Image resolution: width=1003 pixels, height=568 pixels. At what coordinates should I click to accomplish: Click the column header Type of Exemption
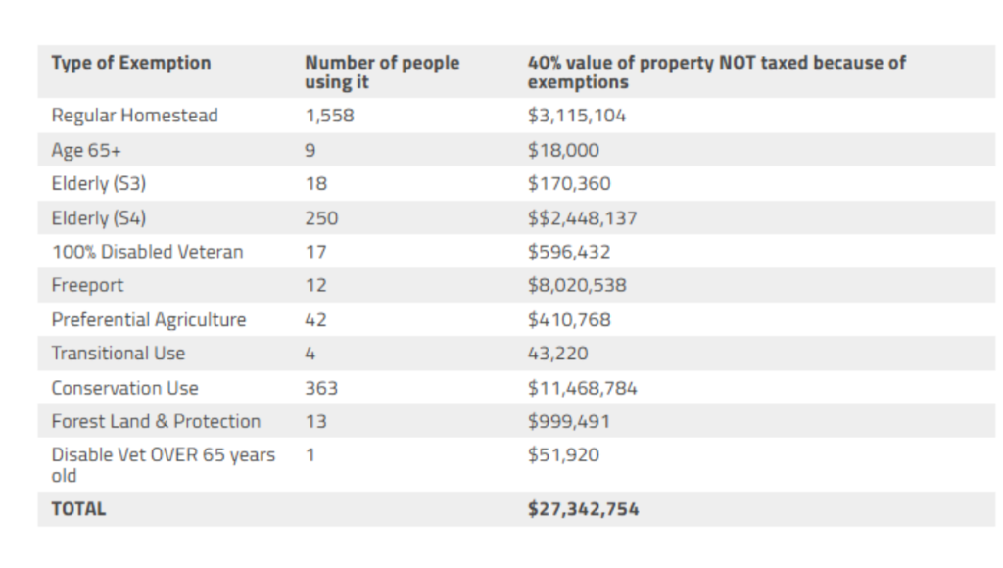(130, 63)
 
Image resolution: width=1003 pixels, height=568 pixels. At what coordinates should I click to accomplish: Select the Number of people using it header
(381, 72)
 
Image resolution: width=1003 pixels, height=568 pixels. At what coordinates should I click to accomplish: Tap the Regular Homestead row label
(134, 116)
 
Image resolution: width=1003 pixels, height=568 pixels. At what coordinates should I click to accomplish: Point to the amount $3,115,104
(576, 116)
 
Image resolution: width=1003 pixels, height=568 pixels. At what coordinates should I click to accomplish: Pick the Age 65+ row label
(86, 150)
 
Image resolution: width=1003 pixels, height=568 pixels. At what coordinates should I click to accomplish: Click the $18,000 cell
(563, 150)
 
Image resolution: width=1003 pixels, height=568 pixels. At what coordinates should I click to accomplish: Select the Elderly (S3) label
(99, 183)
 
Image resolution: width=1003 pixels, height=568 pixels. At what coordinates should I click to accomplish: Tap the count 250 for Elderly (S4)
(321, 217)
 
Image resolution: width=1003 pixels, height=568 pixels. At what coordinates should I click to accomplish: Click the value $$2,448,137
(582, 217)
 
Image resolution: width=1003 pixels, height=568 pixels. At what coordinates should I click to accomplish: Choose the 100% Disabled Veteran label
(147, 252)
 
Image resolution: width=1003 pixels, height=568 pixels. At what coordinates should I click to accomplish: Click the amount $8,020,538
(576, 286)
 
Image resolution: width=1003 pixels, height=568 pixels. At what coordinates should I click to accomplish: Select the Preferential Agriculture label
(148, 320)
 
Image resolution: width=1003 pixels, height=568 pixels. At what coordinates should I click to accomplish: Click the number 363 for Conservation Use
(321, 388)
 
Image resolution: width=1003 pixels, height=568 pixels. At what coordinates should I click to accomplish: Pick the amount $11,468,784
(582, 388)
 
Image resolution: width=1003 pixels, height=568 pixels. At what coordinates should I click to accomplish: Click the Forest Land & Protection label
(156, 421)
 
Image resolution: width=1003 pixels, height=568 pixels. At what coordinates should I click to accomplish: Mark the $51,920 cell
(563, 455)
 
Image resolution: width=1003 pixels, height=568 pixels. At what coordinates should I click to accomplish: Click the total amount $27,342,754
(583, 509)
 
